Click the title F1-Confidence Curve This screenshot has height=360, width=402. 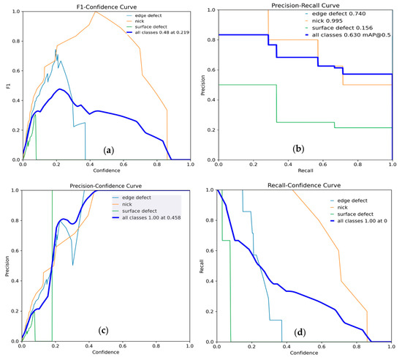tap(105, 4)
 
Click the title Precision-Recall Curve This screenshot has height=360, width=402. tap(306, 4)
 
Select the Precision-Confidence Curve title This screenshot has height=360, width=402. tap(106, 185)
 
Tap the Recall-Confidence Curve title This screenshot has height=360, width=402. tap(306, 185)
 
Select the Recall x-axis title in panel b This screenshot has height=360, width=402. tap(306, 171)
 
